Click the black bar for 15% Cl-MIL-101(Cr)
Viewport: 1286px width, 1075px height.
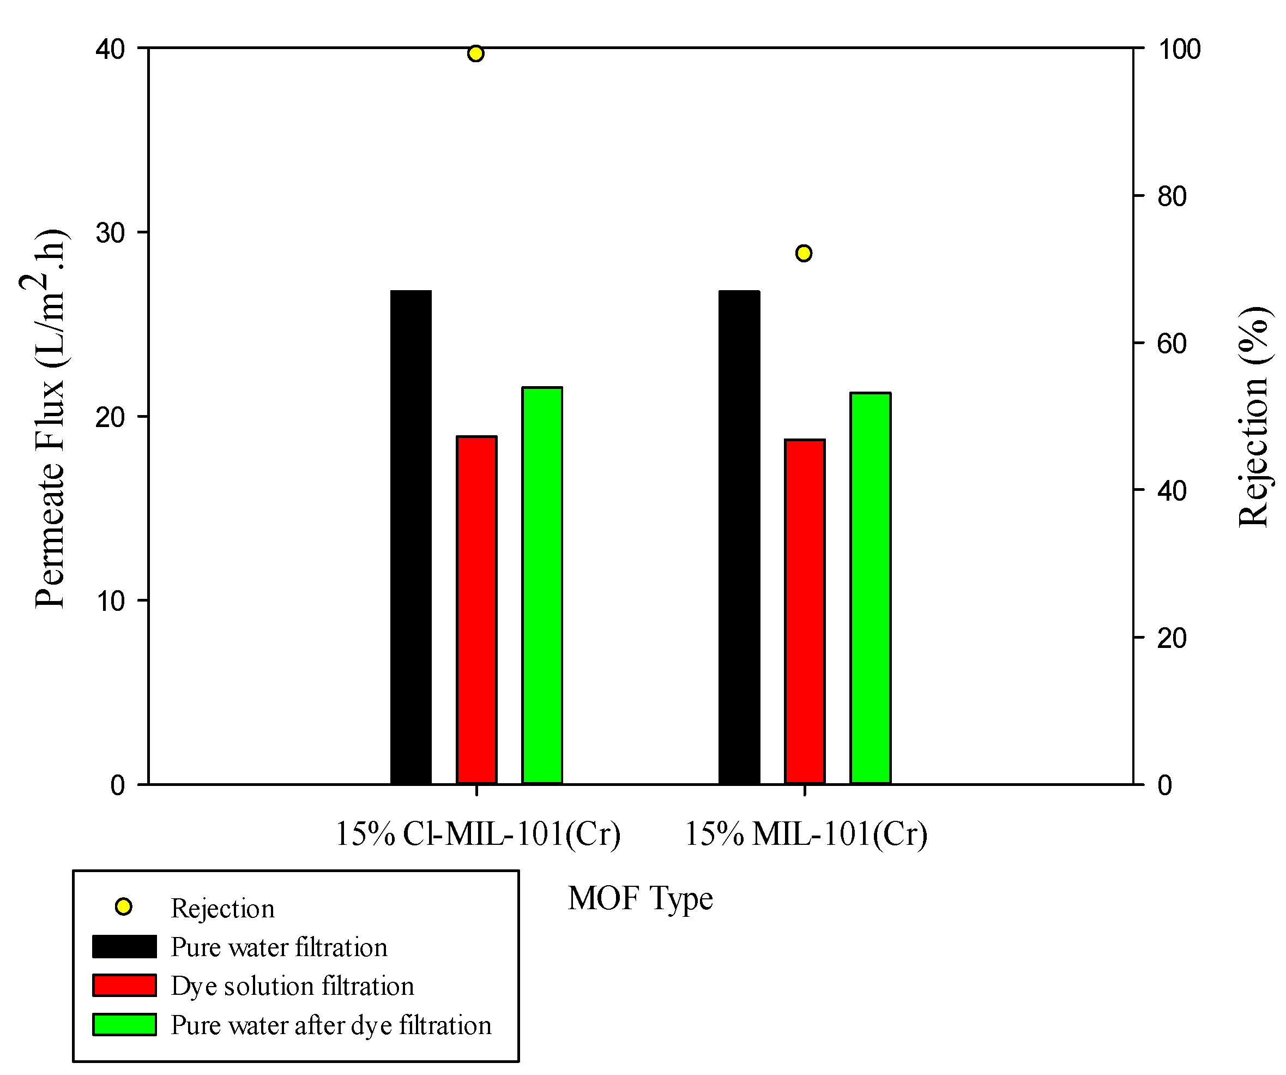(x=411, y=537)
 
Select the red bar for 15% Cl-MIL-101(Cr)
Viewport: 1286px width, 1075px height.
(x=476, y=610)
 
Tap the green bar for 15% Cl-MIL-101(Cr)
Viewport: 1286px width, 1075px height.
(x=542, y=586)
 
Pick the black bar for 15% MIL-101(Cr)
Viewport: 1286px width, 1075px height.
(x=739, y=537)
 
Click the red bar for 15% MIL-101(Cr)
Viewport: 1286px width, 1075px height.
(x=805, y=612)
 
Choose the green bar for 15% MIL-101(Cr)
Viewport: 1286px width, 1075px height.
(x=870, y=588)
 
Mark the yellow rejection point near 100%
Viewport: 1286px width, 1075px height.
(x=476, y=54)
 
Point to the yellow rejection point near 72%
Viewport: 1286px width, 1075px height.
(x=804, y=253)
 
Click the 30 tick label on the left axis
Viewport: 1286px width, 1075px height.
(x=110, y=233)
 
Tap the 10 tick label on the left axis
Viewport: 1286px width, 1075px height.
(x=110, y=602)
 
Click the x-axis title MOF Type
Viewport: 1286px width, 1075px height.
(x=641, y=899)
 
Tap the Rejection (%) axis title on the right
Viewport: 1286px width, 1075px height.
(x=1253, y=417)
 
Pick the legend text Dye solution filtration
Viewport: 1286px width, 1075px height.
(x=293, y=986)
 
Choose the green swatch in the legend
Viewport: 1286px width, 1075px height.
(x=124, y=1025)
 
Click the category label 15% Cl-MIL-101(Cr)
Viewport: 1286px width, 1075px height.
(x=478, y=834)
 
